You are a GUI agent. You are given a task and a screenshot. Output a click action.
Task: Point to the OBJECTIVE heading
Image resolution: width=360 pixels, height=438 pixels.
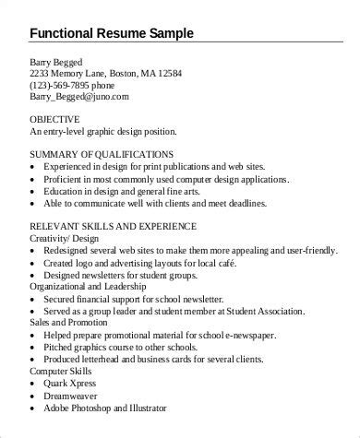tap(54, 120)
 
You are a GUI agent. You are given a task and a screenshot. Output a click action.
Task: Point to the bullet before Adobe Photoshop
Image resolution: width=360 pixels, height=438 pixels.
tap(35, 407)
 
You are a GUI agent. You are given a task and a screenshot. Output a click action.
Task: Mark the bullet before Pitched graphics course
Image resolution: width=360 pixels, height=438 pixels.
tap(35, 346)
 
